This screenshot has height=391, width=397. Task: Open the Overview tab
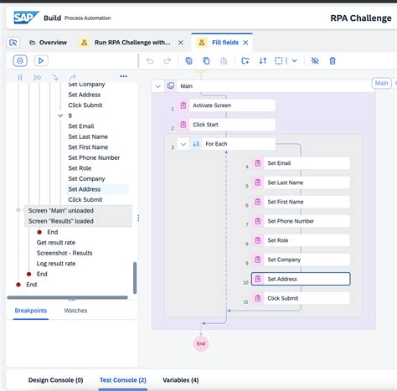[52, 42]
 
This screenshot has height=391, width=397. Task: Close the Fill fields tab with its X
[246, 42]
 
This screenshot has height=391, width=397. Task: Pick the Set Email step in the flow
[300, 163]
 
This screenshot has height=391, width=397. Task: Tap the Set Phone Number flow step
[300, 222]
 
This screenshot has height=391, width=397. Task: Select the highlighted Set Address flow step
[300, 279]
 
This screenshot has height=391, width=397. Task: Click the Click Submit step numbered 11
[300, 298]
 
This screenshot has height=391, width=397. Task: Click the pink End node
[200, 343]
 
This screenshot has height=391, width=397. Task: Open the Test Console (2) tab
[122, 379]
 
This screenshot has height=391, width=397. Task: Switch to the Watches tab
[76, 311]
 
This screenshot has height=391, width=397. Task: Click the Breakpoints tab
[31, 311]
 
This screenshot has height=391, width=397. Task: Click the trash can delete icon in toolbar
[333, 60]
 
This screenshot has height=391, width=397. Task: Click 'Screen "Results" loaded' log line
[61, 221]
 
